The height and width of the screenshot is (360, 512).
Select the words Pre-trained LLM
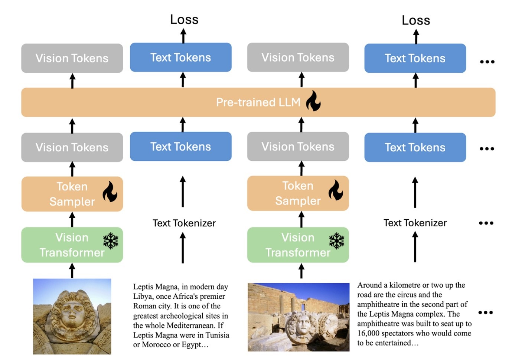tap(258, 102)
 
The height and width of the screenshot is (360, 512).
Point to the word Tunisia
tap(217, 335)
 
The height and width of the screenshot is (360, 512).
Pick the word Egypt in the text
tap(192, 345)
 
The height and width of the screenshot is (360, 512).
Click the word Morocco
tap(157, 345)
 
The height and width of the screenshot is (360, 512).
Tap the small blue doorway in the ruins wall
tap(303, 307)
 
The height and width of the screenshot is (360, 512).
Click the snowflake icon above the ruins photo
tap(337, 241)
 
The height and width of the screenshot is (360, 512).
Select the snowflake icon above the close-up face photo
tap(111, 241)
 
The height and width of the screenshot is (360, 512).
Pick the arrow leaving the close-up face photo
tap(72, 271)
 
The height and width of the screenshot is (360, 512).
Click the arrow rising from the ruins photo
tap(301, 271)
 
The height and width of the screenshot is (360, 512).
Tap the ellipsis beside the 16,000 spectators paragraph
tap(486, 312)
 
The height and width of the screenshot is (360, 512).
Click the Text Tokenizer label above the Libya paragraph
tap(184, 223)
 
